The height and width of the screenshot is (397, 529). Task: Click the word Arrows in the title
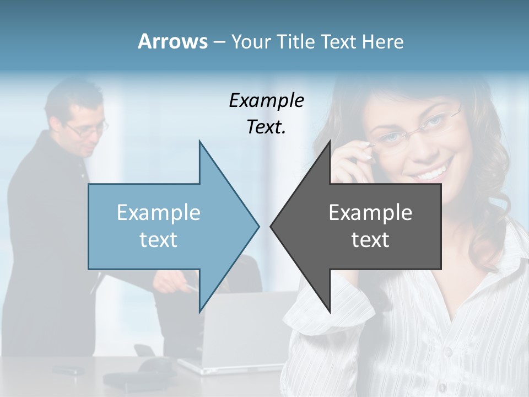[x=172, y=41]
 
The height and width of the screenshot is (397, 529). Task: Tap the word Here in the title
[x=382, y=42]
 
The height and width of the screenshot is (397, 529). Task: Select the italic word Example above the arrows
[x=266, y=101]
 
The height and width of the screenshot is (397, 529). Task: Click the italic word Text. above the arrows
[x=266, y=127]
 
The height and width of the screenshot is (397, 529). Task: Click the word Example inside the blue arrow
[x=159, y=212]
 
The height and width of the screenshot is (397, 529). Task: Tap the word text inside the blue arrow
[x=159, y=240]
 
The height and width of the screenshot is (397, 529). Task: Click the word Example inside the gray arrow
[x=370, y=212]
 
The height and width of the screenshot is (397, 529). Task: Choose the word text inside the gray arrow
[x=370, y=240]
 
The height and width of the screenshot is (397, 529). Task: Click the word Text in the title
[x=339, y=42]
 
